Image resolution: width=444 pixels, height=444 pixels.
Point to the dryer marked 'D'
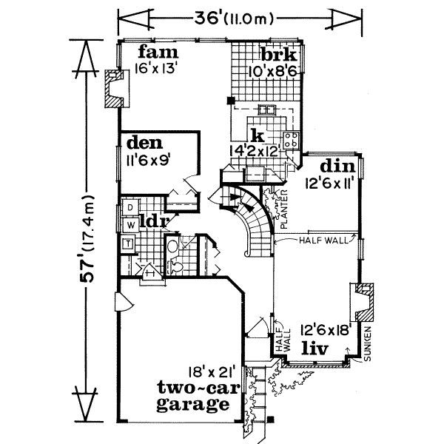(x=129, y=208)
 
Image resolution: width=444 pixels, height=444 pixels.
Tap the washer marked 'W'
(x=129, y=223)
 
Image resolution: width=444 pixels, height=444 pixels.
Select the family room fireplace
(x=113, y=89)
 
